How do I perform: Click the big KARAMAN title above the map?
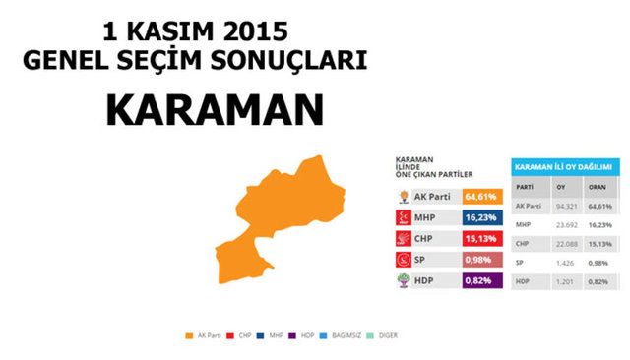[201, 111]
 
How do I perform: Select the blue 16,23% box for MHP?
[483, 216]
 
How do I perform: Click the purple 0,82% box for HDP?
[483, 280]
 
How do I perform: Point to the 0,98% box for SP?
[483, 260]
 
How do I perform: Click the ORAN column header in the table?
[599, 186]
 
